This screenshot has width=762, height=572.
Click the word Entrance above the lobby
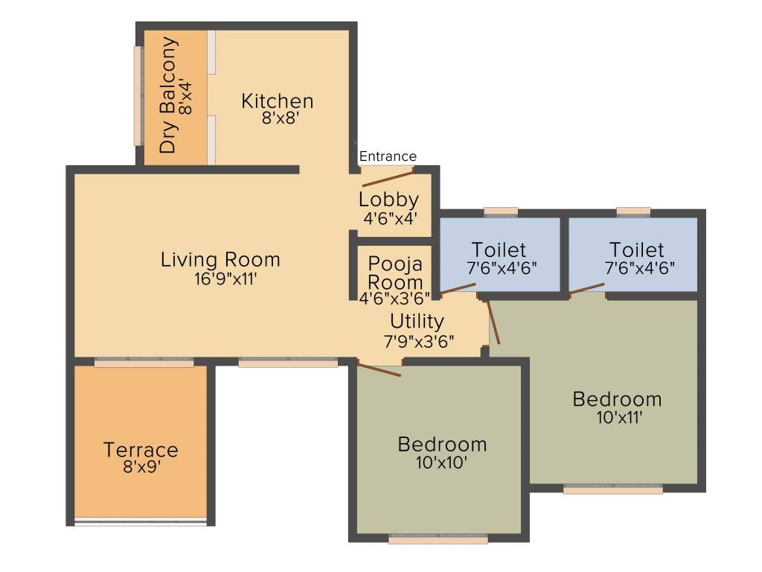pyautogui.click(x=388, y=156)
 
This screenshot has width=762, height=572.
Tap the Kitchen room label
pyautogui.click(x=277, y=101)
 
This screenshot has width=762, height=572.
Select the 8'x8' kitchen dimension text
pyautogui.click(x=280, y=118)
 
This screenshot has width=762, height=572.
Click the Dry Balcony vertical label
pyautogui.click(x=170, y=95)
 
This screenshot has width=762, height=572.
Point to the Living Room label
pyautogui.click(x=220, y=260)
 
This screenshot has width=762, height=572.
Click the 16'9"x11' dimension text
pyautogui.click(x=224, y=279)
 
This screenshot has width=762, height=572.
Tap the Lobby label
pyautogui.click(x=388, y=200)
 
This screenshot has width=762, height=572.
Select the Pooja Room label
pyautogui.click(x=395, y=273)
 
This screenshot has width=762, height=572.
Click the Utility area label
pyautogui.click(x=417, y=321)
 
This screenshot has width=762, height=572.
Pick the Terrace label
pyautogui.click(x=141, y=450)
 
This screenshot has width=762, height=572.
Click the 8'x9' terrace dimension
pyautogui.click(x=142, y=468)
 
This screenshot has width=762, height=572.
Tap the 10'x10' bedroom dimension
pyautogui.click(x=442, y=463)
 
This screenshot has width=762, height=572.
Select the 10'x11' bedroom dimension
pyautogui.click(x=618, y=417)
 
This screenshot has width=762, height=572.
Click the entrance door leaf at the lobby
pyautogui.click(x=388, y=178)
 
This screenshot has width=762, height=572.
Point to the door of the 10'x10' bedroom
pyautogui.click(x=380, y=369)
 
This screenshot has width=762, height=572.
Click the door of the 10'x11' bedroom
pyautogui.click(x=493, y=322)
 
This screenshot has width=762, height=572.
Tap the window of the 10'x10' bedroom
pyautogui.click(x=438, y=539)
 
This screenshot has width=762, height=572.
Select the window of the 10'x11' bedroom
pyautogui.click(x=612, y=490)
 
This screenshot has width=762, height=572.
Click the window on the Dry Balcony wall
pyautogui.click(x=137, y=96)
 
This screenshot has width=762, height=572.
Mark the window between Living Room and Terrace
pyautogui.click(x=144, y=363)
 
